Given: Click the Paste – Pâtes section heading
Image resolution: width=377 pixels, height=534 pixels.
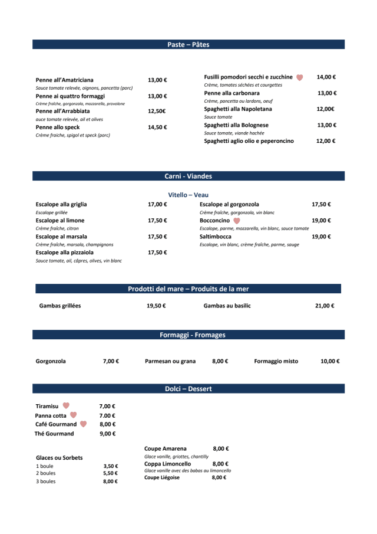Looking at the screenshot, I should click(188, 45).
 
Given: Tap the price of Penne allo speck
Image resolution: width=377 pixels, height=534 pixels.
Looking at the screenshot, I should click(157, 127).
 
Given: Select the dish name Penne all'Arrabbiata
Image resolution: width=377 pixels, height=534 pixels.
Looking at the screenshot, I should click(62, 111).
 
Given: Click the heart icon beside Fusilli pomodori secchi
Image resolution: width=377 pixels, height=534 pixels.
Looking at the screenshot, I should click(299, 77).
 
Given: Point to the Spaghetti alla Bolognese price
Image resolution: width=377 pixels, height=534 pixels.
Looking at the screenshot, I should click(326, 125).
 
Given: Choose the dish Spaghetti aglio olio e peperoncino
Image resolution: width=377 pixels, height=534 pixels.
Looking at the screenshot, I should click(249, 141).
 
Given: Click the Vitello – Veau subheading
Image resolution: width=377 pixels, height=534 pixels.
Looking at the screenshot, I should click(188, 195).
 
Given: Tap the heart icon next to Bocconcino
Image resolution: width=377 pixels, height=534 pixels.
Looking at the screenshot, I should click(237, 221).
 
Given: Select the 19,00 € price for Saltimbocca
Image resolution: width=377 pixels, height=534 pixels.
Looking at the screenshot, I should click(321, 237).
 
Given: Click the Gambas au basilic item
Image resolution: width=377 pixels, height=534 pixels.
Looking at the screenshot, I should click(227, 306).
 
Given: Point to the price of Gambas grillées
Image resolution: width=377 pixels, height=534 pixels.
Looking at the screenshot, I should click(156, 306).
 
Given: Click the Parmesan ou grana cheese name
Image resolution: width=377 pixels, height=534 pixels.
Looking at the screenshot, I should click(170, 361).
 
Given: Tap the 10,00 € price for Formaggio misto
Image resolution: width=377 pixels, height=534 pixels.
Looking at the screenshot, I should click(330, 361).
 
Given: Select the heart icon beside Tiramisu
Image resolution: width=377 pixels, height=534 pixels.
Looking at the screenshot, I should click(66, 406).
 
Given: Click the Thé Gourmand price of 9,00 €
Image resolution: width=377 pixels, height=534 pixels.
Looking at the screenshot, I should click(108, 434).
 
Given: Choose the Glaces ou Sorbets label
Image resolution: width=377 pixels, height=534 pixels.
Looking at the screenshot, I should click(59, 457).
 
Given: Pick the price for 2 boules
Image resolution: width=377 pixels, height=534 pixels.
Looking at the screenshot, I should click(110, 473).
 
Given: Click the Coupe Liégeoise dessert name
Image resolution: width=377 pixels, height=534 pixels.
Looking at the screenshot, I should click(162, 478).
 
